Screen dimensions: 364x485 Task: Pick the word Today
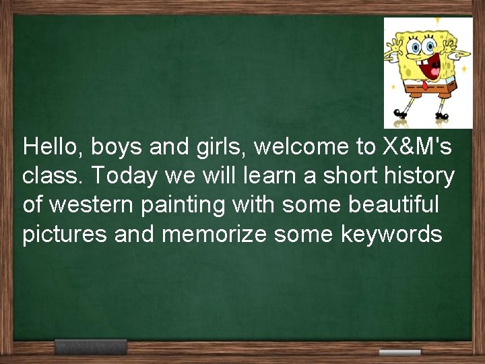[123, 177]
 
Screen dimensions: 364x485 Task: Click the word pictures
[65, 235]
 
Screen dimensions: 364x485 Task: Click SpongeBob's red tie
[424, 84]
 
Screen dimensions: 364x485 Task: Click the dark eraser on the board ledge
[90, 347]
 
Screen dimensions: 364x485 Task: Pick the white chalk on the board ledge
[399, 353]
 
